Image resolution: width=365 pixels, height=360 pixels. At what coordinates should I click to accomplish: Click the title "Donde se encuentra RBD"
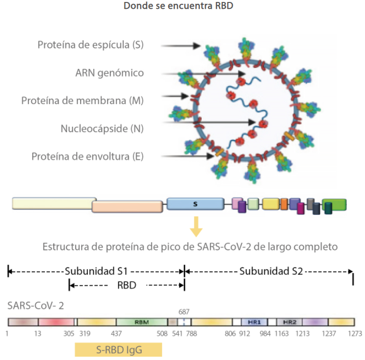(x=182, y=7)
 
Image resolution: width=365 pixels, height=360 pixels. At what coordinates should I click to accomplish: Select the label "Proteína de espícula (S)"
(x=90, y=45)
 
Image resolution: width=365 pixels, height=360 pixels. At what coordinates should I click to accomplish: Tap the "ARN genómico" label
(x=109, y=73)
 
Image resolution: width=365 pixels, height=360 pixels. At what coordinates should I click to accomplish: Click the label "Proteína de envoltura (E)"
(x=87, y=157)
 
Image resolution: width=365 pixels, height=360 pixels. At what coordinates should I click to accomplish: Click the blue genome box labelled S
(x=195, y=204)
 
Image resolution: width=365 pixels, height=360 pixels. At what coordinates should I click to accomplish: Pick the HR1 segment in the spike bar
(x=254, y=322)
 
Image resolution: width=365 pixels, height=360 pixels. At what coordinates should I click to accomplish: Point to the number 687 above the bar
(x=184, y=311)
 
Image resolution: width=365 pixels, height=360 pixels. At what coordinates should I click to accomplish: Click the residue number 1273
(x=355, y=334)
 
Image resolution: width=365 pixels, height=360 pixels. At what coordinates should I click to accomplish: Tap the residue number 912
(x=245, y=334)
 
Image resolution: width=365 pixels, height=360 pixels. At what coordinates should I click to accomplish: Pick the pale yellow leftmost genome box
(x=54, y=204)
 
